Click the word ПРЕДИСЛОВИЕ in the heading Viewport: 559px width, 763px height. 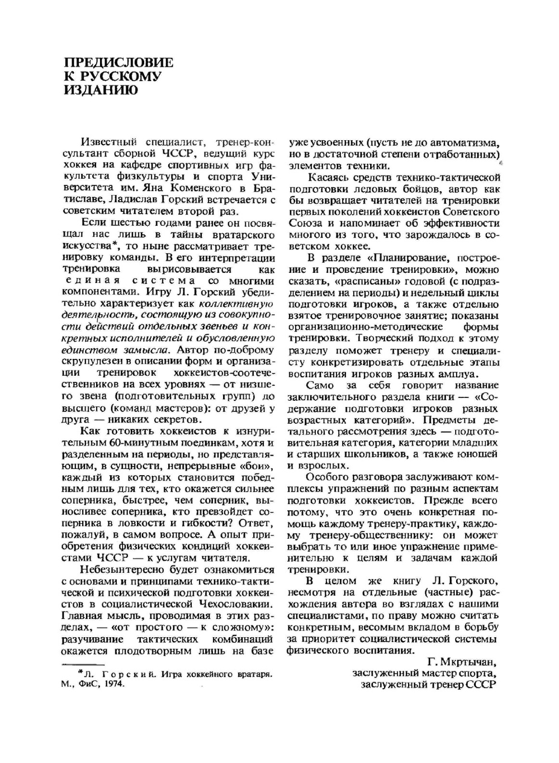point(119,63)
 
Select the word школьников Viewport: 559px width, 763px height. point(376,454)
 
